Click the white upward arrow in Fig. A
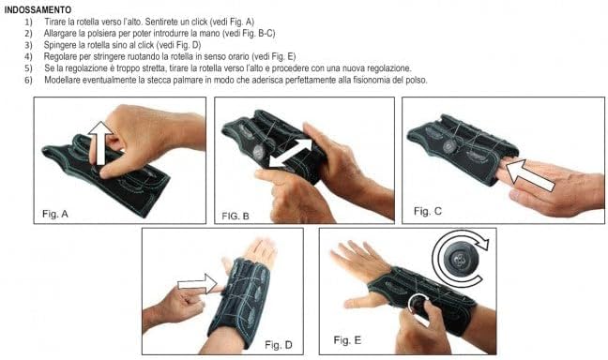[98, 147]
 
